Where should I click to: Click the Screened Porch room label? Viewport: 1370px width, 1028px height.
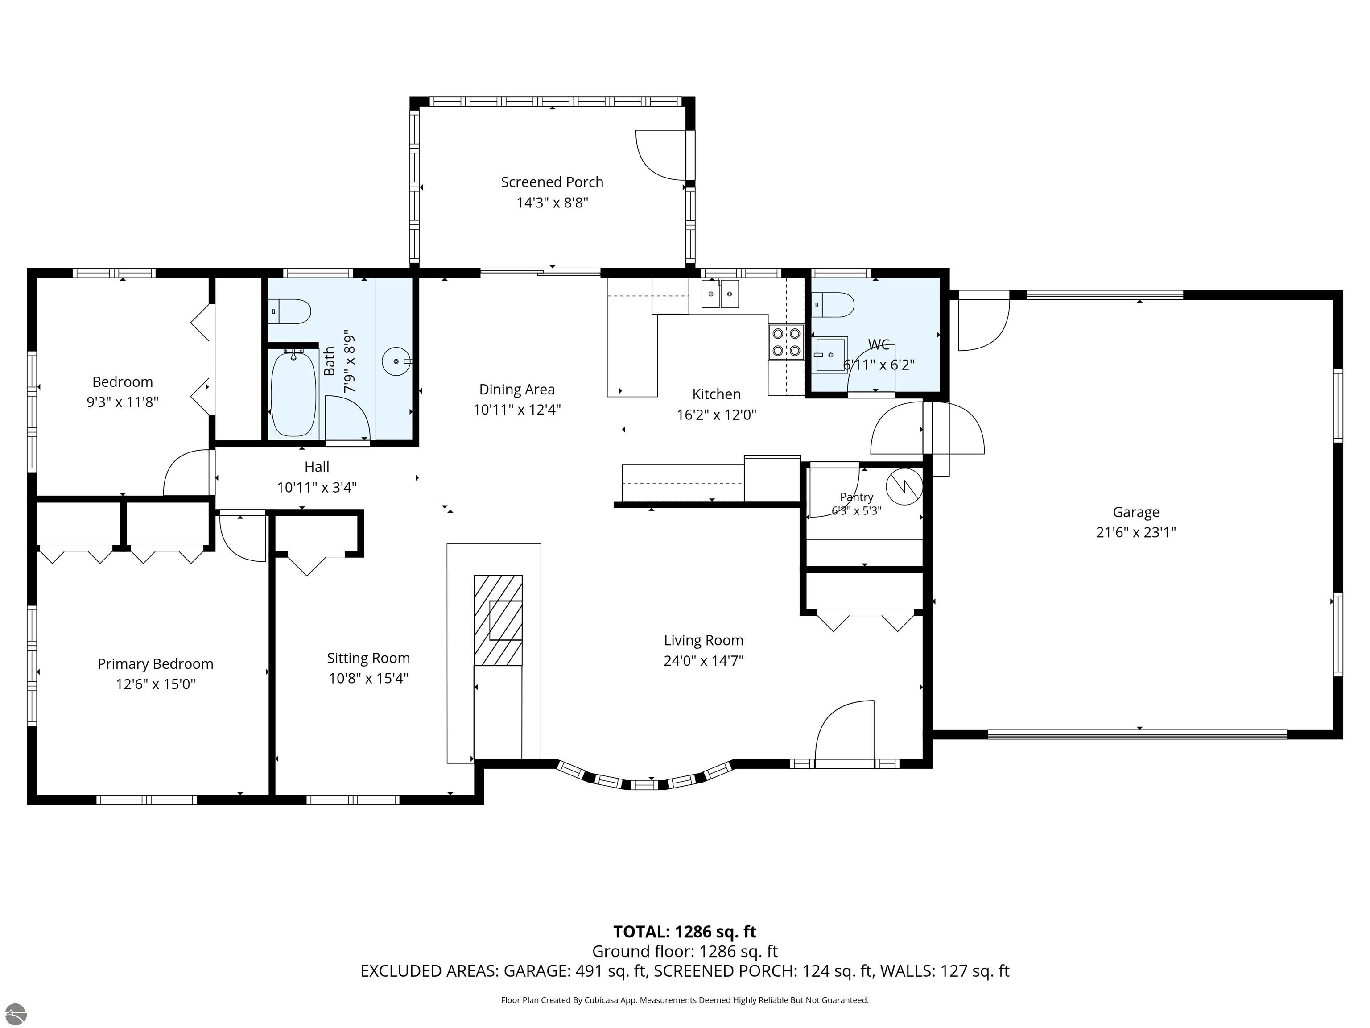pos(552,182)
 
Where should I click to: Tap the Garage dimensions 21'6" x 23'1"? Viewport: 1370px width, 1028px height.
pos(1136,532)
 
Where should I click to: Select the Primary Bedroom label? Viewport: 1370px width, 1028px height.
pos(156,663)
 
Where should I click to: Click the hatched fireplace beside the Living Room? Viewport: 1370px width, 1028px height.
pos(498,620)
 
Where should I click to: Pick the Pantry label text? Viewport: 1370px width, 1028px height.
pos(857,497)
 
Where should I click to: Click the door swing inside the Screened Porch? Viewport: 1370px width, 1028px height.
pos(661,155)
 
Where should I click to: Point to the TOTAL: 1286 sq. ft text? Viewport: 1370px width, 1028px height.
pos(685,932)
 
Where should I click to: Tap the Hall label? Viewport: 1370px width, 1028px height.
pos(317,467)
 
